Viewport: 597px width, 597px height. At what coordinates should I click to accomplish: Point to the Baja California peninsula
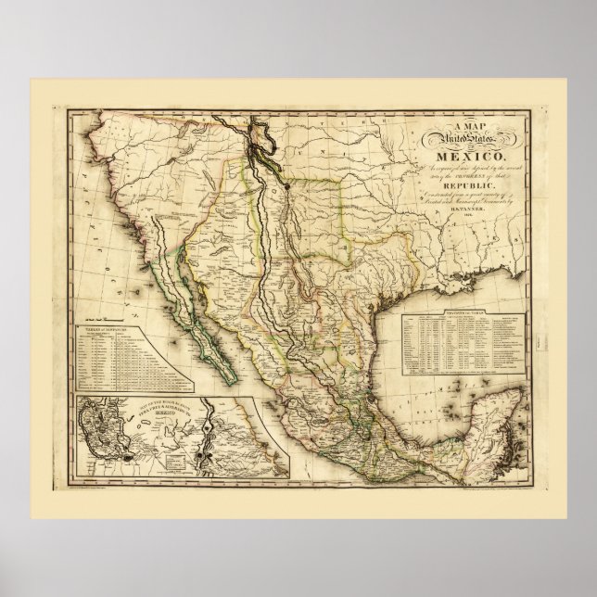pyautogui.click(x=189, y=306)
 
